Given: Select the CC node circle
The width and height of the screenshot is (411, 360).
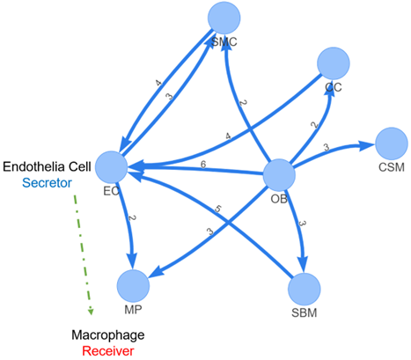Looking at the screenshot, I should click(334, 63).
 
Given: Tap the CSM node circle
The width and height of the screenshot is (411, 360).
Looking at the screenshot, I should click(391, 143).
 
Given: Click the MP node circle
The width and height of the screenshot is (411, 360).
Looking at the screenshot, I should click(133, 286).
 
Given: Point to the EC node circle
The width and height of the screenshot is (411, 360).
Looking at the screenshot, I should click(113, 166).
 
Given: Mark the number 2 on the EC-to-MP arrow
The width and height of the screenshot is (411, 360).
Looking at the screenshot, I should click(131, 218).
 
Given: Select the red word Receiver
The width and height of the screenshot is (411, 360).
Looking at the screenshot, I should click(107, 351).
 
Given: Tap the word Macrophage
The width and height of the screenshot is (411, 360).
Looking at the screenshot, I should click(107, 335).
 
